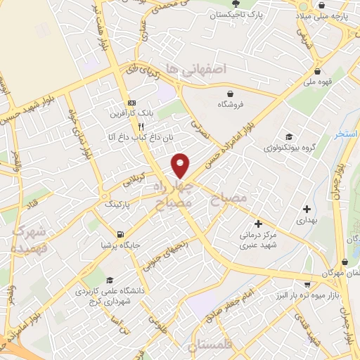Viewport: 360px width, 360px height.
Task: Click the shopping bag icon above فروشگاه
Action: (230, 94)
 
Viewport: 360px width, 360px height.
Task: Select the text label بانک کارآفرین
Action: (126, 113)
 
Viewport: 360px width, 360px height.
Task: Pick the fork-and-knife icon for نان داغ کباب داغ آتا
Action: (141, 126)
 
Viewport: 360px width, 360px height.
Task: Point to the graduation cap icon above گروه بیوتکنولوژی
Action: (287, 136)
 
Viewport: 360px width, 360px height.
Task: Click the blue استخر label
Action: (346, 134)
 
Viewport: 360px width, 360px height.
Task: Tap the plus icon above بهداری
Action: (307, 209)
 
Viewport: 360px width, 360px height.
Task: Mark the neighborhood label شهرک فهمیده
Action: (29, 240)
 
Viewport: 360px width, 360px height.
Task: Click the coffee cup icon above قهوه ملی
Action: (318, 72)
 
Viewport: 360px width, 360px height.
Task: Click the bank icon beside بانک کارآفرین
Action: (131, 103)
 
